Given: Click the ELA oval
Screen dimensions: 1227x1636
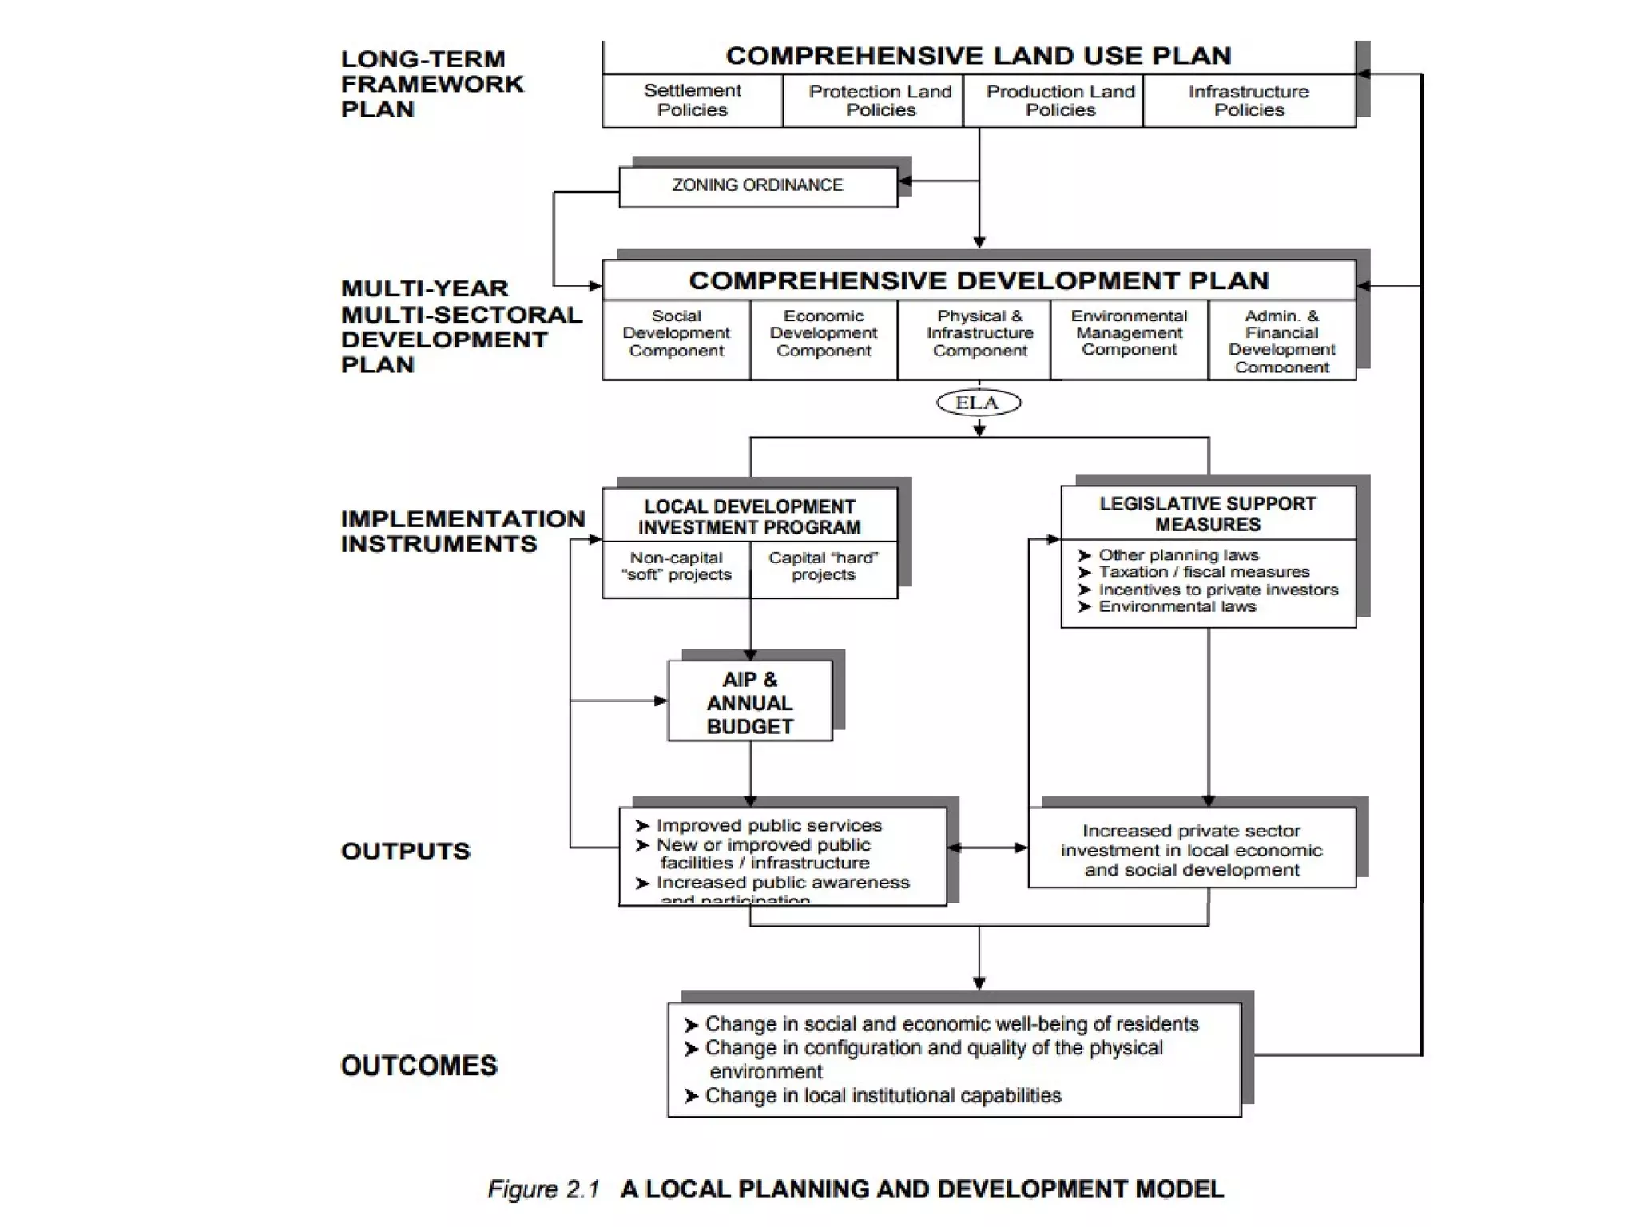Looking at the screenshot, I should [978, 403].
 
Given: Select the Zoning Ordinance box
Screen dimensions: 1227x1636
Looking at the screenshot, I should [757, 186].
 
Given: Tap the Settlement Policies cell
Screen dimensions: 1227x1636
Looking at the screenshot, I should [692, 101].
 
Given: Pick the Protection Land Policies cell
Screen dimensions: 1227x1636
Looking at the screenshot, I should [880, 101].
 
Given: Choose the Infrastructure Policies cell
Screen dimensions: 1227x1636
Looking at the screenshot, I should [1249, 101].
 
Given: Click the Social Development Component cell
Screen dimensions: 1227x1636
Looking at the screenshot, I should [676, 334].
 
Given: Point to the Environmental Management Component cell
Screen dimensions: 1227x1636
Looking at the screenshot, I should [1129, 333].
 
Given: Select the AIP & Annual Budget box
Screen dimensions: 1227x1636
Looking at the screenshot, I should [749, 702].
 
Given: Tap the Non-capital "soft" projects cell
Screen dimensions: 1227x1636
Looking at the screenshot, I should [676, 566].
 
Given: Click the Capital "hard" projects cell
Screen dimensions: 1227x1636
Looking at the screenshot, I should [823, 566].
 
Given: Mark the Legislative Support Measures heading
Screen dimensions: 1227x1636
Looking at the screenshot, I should [1207, 514].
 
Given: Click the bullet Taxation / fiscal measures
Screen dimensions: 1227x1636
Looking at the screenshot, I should [1204, 572].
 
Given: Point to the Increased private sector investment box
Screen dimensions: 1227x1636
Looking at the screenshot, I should [1191, 850].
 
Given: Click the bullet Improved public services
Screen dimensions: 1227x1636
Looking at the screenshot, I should [768, 825].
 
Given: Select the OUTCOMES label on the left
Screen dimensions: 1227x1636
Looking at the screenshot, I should [419, 1066].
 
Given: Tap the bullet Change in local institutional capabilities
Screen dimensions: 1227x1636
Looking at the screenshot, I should [882, 1096].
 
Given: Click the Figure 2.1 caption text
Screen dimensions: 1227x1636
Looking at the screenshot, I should [855, 1189].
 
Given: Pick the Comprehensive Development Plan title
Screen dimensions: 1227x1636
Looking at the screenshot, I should [978, 281].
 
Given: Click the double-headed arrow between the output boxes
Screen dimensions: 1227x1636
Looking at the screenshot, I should [987, 848].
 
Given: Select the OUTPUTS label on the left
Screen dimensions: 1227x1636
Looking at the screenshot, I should [405, 851].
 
